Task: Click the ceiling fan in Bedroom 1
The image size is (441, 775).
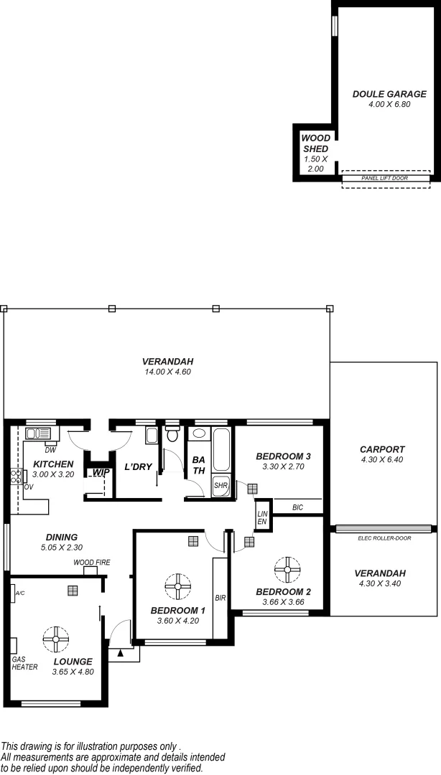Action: [176, 586]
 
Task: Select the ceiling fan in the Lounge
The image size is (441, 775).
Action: [55, 638]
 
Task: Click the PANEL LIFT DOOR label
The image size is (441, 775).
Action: [386, 177]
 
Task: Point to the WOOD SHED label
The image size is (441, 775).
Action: [315, 144]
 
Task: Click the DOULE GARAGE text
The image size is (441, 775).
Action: [389, 94]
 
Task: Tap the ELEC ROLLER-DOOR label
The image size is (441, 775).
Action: [384, 537]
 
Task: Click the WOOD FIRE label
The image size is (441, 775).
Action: [91, 563]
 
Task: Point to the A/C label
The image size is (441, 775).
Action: [19, 593]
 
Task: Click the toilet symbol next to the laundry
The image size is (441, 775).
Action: [172, 435]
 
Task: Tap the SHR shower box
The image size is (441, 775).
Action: [220, 486]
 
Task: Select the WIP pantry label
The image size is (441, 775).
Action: [100, 472]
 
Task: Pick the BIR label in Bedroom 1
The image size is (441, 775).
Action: [221, 597]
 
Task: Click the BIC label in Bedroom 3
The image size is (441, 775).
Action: [297, 507]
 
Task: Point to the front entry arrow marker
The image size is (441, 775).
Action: [121, 653]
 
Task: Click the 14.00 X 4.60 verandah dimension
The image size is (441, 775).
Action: [167, 372]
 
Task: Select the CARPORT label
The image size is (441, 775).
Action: [382, 450]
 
